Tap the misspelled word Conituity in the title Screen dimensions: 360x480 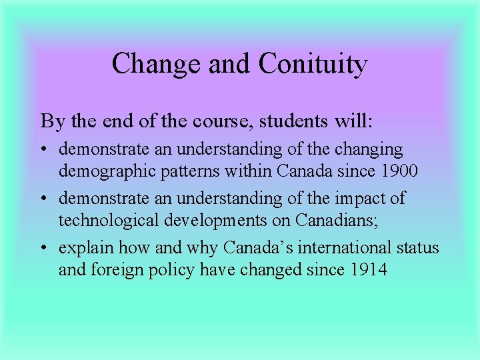[313, 65]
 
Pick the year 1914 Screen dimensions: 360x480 [363, 270]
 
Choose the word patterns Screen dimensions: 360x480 [187, 171]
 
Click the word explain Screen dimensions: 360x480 [86, 249]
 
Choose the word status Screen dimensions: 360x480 [416, 248]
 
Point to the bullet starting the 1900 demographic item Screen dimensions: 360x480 [44, 149]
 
